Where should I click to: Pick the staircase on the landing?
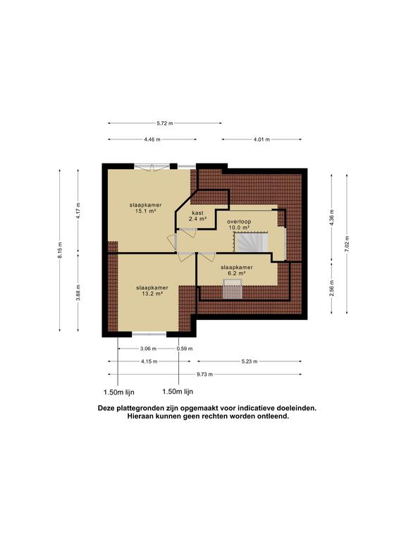(x=249, y=243)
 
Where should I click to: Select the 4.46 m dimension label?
(x=152, y=139)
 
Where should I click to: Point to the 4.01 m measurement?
(x=262, y=139)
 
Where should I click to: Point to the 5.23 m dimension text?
(x=250, y=361)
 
